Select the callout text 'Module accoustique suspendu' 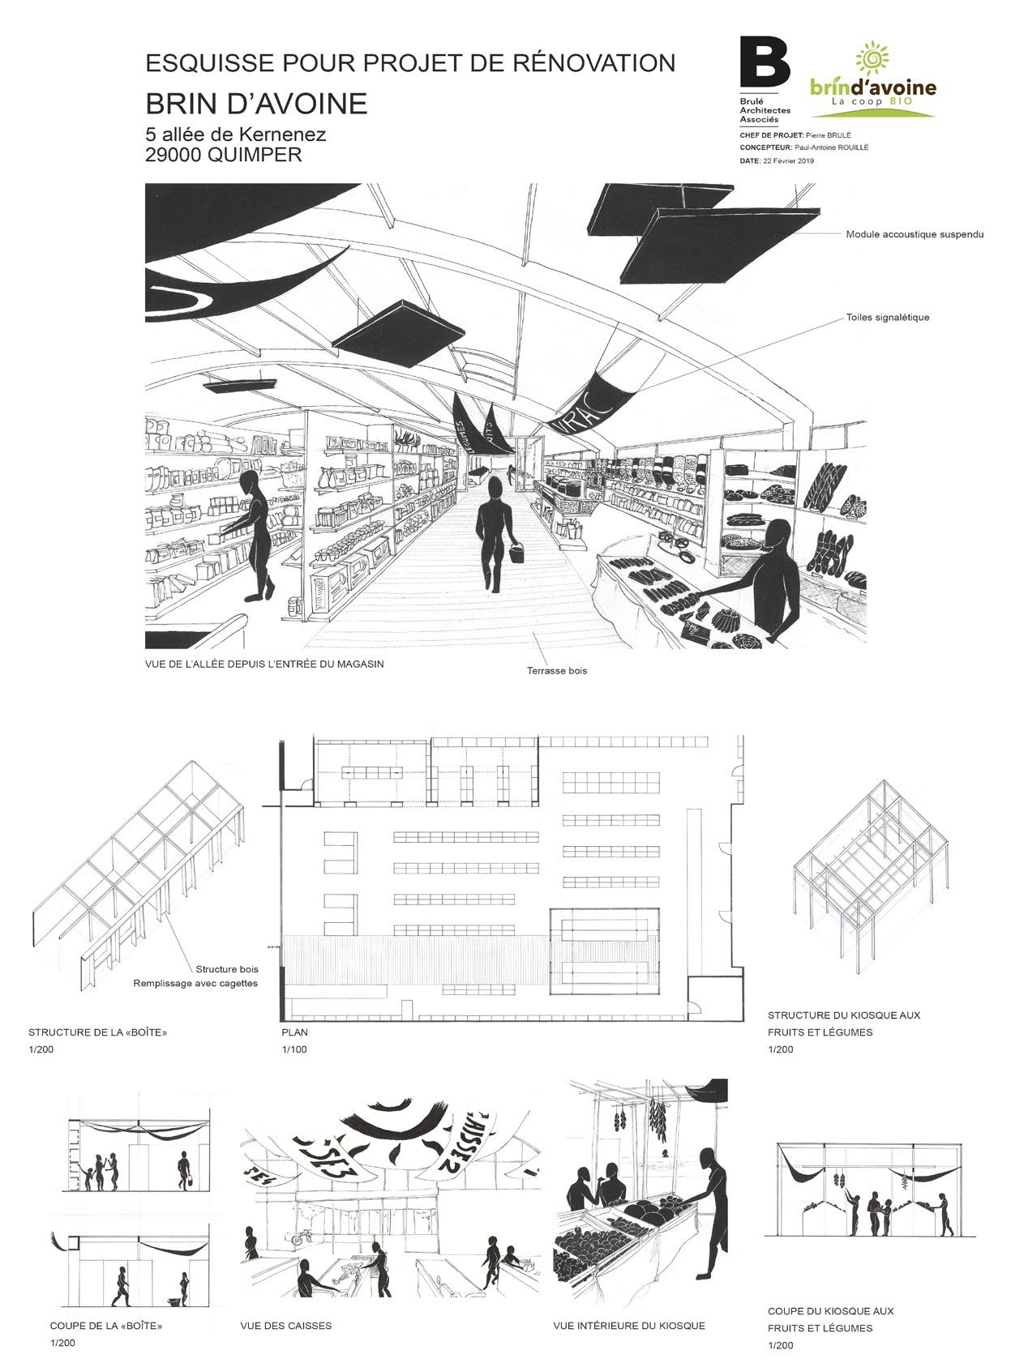click(x=915, y=235)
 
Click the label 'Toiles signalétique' click(x=887, y=318)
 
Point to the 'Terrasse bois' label click(x=556, y=671)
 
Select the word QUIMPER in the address click(x=255, y=155)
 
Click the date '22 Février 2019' click(x=788, y=161)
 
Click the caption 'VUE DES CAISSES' click(x=285, y=1327)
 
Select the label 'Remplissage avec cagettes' click(x=195, y=984)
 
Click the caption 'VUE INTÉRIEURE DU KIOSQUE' click(x=629, y=1327)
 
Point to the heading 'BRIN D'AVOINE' click(x=256, y=104)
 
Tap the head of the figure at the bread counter click(x=778, y=535)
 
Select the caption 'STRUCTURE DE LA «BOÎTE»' click(x=103, y=1033)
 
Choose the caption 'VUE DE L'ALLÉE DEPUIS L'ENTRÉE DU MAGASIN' click(x=264, y=664)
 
